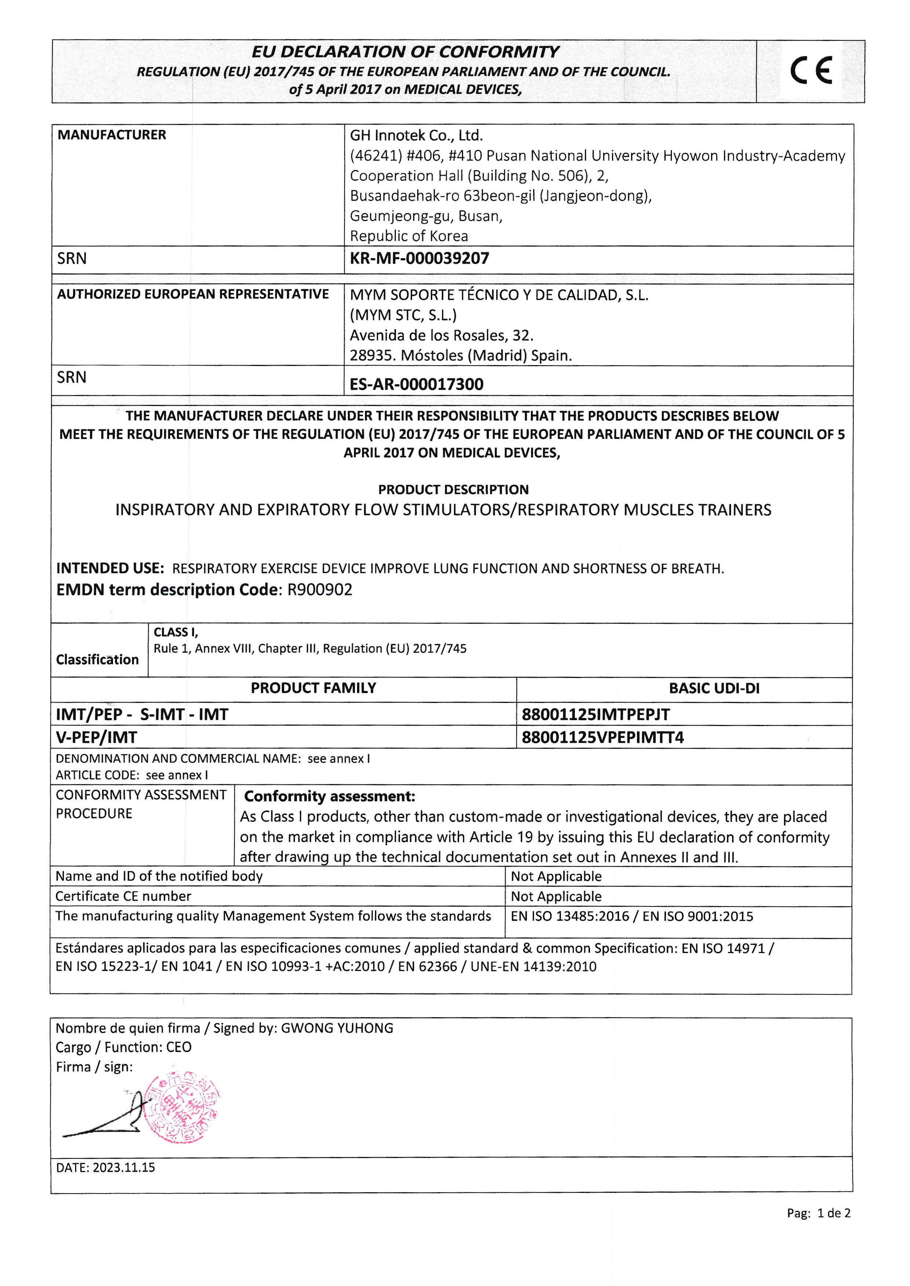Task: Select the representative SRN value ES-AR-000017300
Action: click(x=416, y=384)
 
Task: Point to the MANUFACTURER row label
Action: click(x=112, y=135)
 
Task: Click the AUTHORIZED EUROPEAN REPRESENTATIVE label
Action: click(x=193, y=294)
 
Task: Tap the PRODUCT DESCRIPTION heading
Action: click(x=453, y=490)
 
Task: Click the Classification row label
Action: click(x=98, y=659)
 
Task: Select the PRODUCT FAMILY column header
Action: click(x=313, y=688)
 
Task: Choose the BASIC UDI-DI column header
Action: click(x=714, y=688)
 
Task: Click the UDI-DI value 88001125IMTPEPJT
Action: click(x=596, y=715)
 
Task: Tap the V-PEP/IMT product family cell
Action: click(x=97, y=738)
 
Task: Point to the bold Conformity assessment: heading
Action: click(x=330, y=796)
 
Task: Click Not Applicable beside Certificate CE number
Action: click(x=556, y=897)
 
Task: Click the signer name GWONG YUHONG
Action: click(x=337, y=1028)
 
